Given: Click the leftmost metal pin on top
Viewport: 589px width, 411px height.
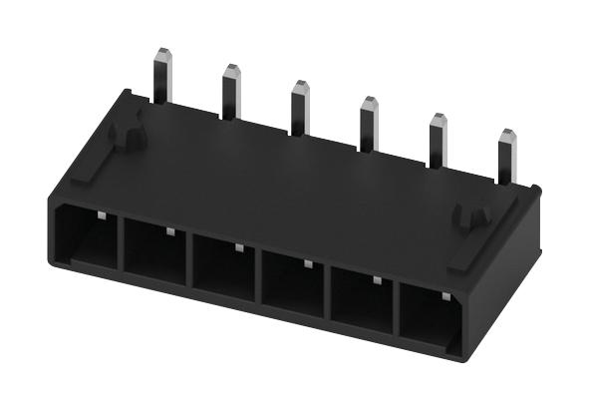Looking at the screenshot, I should pos(162,75).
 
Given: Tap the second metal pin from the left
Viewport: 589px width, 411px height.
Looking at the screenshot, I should pos(230,91).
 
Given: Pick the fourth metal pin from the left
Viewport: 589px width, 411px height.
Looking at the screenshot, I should pos(368,123).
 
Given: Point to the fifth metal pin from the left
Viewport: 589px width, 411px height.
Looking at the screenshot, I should pos(437,140).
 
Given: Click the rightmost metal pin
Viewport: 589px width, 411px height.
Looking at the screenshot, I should pos(505,156).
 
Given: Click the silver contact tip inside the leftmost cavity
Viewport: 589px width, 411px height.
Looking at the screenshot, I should pos(102,214).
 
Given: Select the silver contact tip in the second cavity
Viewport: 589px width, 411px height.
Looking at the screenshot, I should pos(170,231).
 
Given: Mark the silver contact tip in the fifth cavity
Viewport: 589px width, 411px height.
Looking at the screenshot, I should pos(377,280).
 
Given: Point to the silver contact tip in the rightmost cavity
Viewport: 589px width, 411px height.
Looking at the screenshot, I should pos(445,296).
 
